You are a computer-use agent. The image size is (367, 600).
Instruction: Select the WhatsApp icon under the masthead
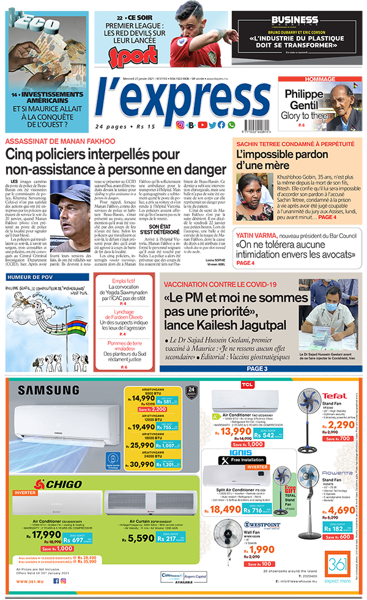(231, 125)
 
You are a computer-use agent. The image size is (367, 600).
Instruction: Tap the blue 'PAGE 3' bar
(257, 369)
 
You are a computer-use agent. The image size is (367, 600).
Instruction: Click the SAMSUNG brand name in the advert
(51, 390)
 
